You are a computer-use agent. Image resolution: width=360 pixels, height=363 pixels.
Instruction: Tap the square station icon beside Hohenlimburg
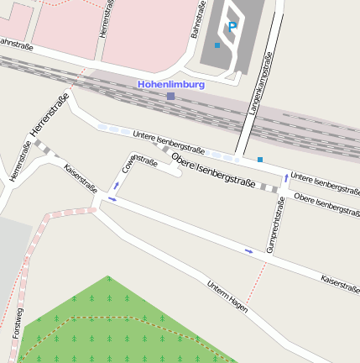click(171, 97)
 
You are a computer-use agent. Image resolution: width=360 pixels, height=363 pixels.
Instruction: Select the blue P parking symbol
click(232, 27)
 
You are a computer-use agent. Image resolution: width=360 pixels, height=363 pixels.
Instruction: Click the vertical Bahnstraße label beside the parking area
click(197, 20)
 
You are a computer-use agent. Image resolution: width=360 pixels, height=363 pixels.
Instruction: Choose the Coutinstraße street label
click(139, 166)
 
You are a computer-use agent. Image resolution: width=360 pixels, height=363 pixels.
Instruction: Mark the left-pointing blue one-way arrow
click(112, 199)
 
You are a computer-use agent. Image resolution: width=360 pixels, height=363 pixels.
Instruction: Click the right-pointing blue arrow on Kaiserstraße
click(248, 250)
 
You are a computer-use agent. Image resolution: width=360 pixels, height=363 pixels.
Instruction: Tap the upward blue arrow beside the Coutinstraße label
click(116, 186)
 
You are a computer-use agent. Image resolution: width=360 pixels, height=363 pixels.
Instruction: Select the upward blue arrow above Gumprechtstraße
click(286, 178)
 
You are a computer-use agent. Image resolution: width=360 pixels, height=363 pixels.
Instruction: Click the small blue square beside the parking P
click(217, 45)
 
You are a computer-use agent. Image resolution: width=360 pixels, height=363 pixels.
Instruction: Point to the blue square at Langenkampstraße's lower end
click(260, 159)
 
